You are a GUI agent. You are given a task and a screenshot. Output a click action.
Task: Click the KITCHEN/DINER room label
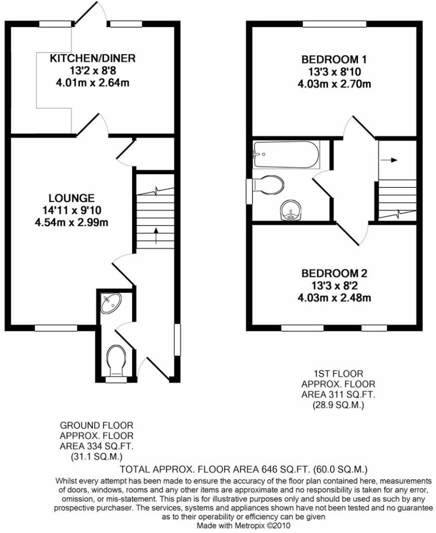[x=92, y=58]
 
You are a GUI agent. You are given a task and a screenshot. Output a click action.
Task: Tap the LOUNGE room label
[x=71, y=198]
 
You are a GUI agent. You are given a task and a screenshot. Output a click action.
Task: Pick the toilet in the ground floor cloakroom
[x=115, y=360]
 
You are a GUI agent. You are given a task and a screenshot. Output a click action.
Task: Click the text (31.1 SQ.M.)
[x=97, y=456]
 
